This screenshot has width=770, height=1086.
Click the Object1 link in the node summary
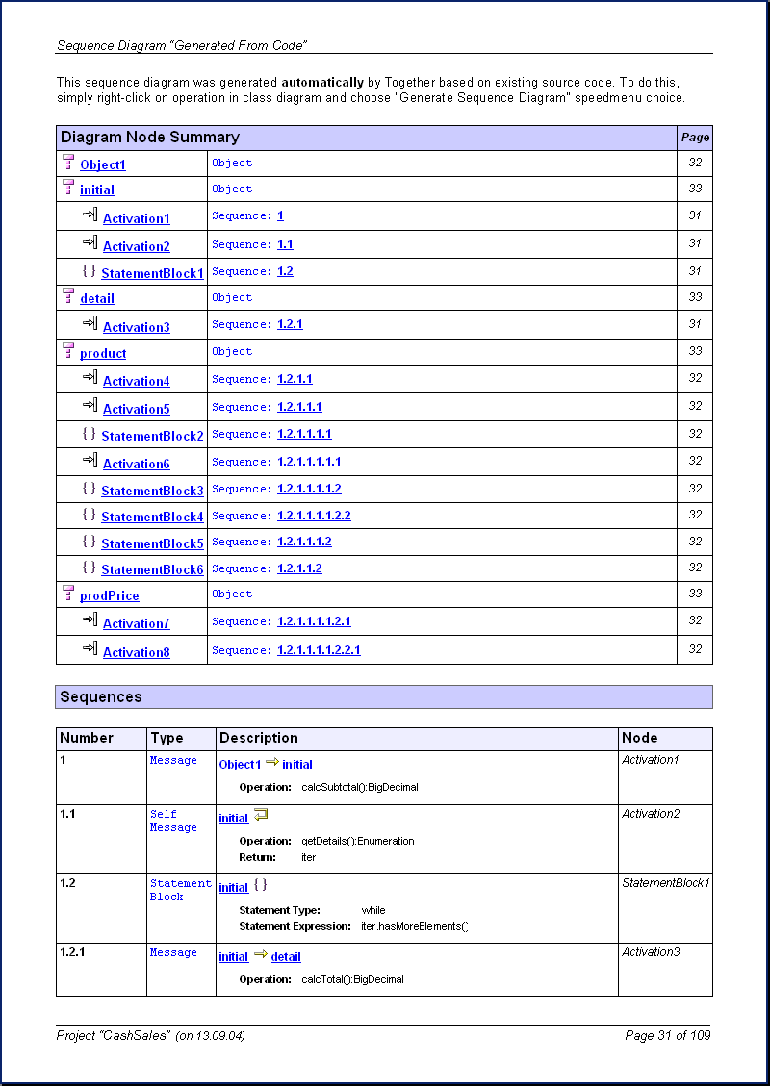(103, 164)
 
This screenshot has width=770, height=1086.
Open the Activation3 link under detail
(137, 327)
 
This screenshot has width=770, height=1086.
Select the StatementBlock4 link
(152, 517)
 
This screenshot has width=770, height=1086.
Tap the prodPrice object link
(110, 595)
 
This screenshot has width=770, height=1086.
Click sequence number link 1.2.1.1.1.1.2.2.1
(319, 650)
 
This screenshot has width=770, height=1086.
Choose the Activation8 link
(137, 652)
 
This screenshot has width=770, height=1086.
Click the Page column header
(695, 138)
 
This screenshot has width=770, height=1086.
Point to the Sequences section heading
(101, 696)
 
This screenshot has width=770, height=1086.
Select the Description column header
(259, 738)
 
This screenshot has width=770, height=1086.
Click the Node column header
(640, 738)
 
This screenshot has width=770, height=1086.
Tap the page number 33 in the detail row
(695, 297)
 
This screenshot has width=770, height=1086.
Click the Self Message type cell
(172, 821)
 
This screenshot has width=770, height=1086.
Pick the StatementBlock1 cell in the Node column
(665, 883)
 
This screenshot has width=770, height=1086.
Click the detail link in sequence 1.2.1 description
(286, 957)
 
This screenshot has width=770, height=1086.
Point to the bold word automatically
(322, 83)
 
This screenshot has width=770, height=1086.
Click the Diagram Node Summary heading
(150, 138)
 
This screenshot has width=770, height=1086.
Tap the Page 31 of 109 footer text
(667, 1035)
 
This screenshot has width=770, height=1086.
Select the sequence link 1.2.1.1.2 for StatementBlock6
(299, 568)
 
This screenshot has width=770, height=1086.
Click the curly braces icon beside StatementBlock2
(90, 435)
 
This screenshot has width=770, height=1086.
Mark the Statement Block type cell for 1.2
(180, 890)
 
